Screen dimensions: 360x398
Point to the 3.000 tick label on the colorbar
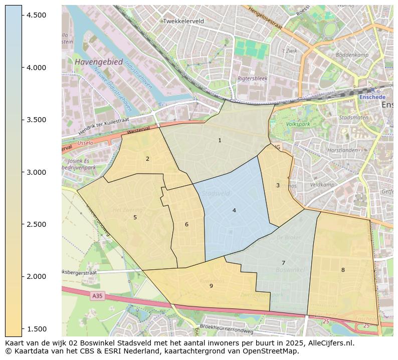[37, 172]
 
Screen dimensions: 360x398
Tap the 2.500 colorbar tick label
[37, 224]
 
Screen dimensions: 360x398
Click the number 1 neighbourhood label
[220, 141]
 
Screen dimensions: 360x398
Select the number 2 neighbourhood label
[147, 159]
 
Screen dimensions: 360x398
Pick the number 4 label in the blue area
[234, 211]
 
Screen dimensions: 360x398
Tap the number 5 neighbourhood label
[135, 218]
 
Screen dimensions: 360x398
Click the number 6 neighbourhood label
[186, 225]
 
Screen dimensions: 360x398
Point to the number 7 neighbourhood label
[283, 263]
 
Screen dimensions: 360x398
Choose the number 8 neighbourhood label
[343, 270]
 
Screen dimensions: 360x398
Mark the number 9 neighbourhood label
[211, 286]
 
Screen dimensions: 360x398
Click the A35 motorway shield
[97, 296]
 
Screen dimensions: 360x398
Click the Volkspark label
[298, 124]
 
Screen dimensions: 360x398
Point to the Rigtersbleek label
[253, 79]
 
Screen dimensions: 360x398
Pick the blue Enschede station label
[372, 97]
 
